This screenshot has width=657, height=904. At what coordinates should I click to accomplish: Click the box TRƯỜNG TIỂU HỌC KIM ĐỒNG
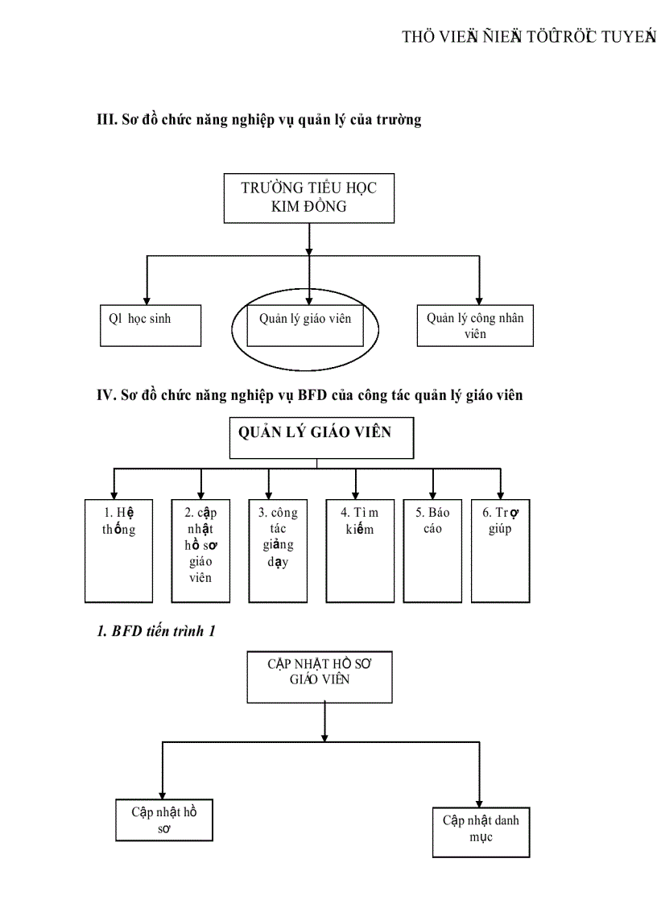click(x=309, y=197)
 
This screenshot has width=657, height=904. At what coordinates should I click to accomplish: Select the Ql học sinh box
click(x=151, y=324)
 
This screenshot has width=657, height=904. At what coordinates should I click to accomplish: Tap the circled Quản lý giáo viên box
click(x=305, y=324)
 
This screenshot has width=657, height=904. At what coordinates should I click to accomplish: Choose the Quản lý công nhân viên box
click(x=474, y=325)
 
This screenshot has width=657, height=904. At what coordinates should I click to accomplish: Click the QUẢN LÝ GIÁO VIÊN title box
click(x=322, y=438)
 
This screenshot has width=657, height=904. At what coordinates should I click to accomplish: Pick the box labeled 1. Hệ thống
click(x=119, y=550)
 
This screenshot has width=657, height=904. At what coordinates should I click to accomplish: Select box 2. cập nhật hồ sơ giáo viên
click(x=201, y=550)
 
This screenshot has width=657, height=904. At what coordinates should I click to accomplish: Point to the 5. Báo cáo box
click(x=432, y=550)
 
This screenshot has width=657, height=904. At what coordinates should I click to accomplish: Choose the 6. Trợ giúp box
click(x=500, y=550)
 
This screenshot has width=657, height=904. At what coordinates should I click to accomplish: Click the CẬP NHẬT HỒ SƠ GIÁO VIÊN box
click(x=320, y=676)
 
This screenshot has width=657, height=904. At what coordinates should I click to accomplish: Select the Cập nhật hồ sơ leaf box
click(x=164, y=819)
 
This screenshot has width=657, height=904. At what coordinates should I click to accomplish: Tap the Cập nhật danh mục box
click(x=480, y=832)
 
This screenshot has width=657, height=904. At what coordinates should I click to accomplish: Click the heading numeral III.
click(x=106, y=121)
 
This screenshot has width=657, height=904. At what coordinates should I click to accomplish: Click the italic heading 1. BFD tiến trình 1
click(x=156, y=631)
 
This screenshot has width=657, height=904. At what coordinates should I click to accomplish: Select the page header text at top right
click(x=528, y=39)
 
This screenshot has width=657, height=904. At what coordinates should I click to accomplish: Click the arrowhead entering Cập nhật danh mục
click(x=480, y=801)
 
